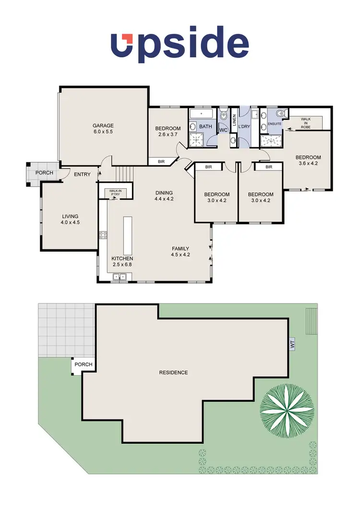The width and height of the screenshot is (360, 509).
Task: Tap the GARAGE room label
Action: click(103, 128)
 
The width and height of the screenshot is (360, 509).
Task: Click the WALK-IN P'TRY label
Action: click(115, 193)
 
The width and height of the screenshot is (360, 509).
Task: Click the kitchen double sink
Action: click(120, 276)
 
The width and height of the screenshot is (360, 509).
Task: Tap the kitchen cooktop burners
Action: click(102, 235)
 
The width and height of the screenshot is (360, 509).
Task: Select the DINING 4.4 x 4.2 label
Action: click(165, 196)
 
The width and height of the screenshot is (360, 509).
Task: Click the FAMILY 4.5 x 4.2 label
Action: click(181, 251)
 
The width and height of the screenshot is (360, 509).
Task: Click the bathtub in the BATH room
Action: click(202, 114)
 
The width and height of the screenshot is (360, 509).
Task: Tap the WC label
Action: click(223, 130)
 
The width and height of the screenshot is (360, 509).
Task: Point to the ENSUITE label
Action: click(275, 123)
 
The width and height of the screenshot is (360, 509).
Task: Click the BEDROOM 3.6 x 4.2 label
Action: click(308, 160)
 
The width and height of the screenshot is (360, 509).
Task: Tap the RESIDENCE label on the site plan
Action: click(173, 373)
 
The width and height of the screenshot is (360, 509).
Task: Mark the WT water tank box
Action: click(292, 344)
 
